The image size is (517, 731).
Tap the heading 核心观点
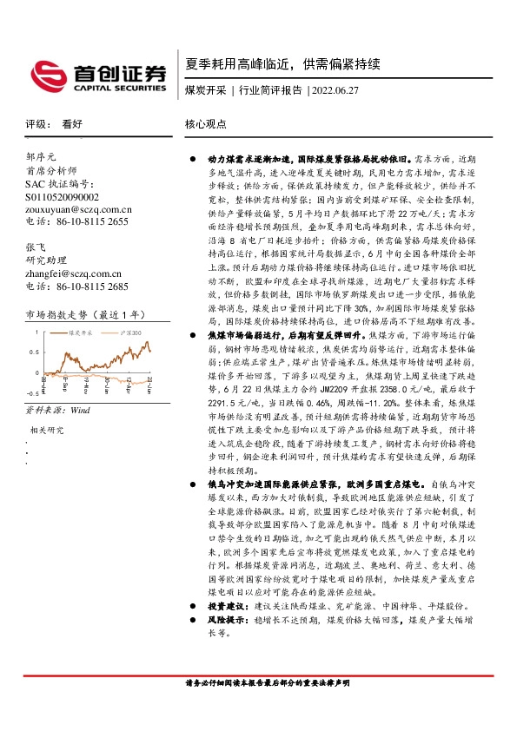pyautogui.click(x=205, y=124)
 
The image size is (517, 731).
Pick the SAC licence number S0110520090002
pyautogui.click(x=63, y=197)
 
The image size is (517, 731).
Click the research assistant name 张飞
pyautogui.click(x=36, y=247)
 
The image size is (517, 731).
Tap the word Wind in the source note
pyautogui.click(x=80, y=408)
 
